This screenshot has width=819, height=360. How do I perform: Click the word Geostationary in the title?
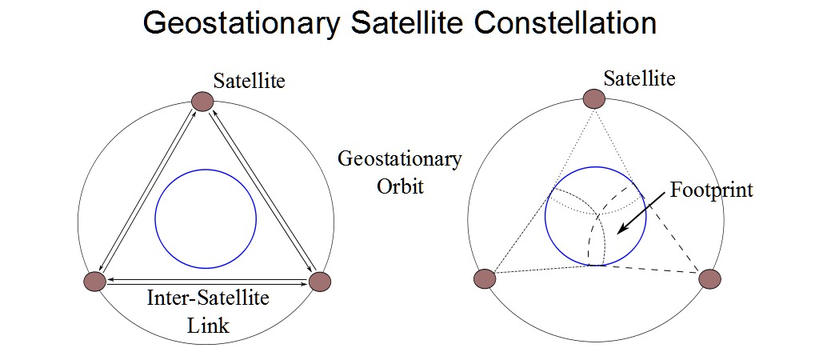coord(239,24)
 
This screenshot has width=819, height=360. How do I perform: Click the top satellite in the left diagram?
coord(202,101)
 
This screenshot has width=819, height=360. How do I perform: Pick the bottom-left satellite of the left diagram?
coord(95,281)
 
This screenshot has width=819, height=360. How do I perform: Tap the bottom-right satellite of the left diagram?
coord(319,281)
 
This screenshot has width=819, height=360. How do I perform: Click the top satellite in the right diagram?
coord(594,98)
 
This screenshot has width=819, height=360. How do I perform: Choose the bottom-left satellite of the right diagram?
coord(485,278)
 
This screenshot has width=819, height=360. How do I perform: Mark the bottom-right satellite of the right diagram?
coord(709,278)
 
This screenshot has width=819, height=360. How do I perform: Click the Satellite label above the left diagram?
coord(250,81)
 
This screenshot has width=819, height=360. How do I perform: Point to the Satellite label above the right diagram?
coord(639,78)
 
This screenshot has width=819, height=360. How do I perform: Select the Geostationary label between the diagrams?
coord(399,158)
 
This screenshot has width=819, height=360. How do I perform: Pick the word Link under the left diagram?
coord(207,326)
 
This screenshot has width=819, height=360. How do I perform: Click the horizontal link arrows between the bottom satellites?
coord(207,280)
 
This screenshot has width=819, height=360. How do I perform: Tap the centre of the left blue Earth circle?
coord(206,218)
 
